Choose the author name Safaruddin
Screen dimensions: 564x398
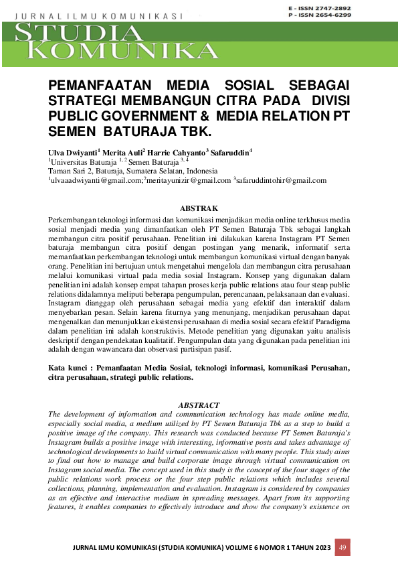[x=230, y=152]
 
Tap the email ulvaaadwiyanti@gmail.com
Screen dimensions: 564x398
[x=96, y=180]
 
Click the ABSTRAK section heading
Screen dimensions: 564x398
[x=199, y=210]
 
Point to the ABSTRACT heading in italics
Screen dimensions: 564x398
[x=199, y=405]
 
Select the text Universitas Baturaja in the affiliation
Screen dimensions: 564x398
[x=83, y=161]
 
